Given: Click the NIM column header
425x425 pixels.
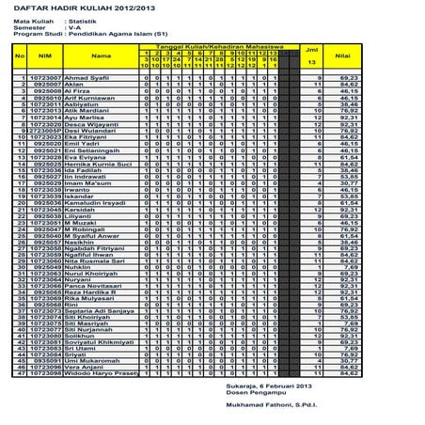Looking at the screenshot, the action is click(x=42, y=55).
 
